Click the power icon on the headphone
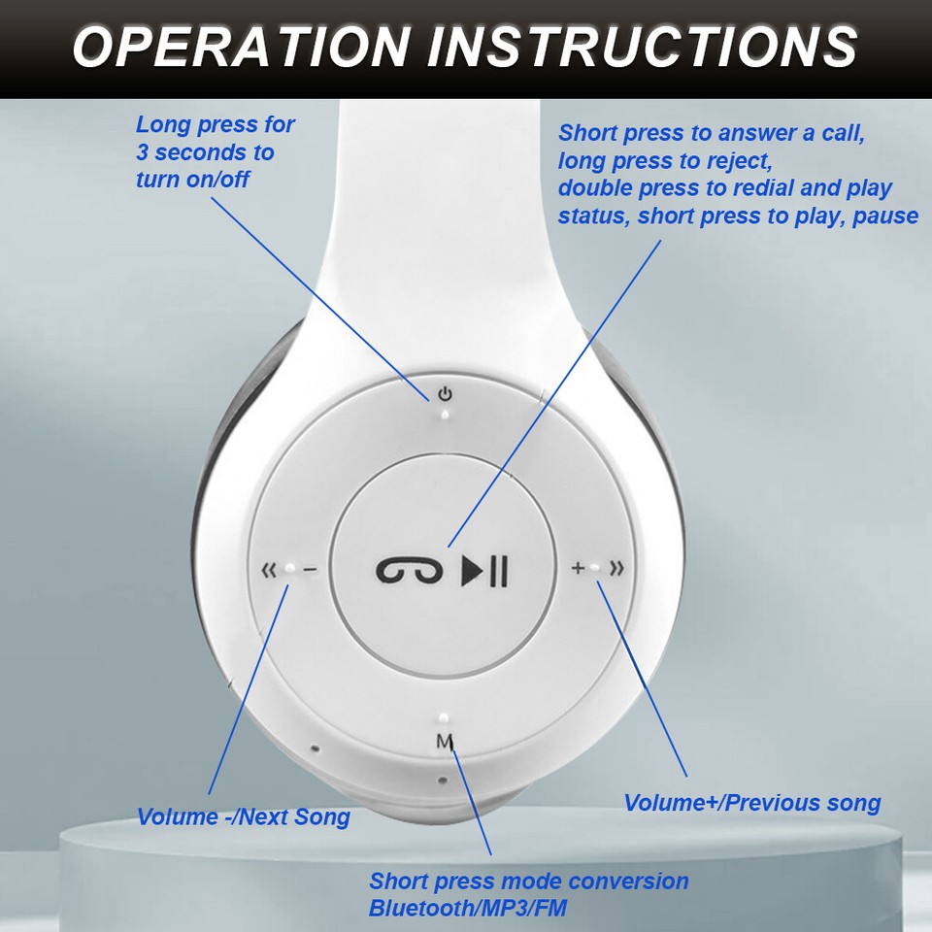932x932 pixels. [445, 394]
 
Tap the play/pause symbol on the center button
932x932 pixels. [483, 570]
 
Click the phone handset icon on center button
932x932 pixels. [410, 570]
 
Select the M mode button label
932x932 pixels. [445, 743]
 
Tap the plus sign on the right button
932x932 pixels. [578, 568]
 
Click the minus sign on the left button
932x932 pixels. [311, 570]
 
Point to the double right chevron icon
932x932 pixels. [616, 568]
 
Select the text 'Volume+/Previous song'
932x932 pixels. [752, 803]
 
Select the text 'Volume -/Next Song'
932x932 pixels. [243, 816]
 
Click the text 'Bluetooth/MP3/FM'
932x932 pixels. [467, 909]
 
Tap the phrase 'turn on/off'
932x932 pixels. [192, 180]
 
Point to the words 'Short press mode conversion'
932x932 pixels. [528, 882]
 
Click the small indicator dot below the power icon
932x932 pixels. [445, 415]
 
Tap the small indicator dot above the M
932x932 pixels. [443, 718]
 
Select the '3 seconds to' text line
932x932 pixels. [205, 152]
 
